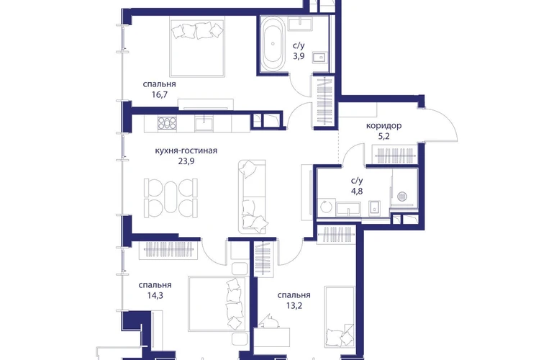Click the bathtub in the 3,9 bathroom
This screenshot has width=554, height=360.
click(x=273, y=43)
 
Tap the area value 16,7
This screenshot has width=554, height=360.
click(x=159, y=95)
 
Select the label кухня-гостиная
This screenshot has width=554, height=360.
click(x=186, y=150)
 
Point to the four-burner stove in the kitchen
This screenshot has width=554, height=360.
click(x=167, y=123)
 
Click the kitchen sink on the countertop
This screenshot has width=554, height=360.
click(x=204, y=124)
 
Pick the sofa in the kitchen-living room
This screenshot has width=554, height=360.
click(x=252, y=197)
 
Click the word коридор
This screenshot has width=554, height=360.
click(x=383, y=125)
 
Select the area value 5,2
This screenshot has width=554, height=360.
click(x=383, y=136)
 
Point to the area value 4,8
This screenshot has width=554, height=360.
click(x=357, y=192)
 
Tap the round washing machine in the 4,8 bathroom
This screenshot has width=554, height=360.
click(x=326, y=207)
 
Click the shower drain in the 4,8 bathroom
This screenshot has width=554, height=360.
click(x=403, y=197)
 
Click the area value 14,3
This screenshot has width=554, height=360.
click(x=155, y=296)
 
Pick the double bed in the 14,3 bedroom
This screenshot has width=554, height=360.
click(x=217, y=304)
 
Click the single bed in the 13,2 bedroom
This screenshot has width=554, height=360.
click(x=340, y=317)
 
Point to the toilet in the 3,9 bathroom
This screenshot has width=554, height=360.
click(x=320, y=57)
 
